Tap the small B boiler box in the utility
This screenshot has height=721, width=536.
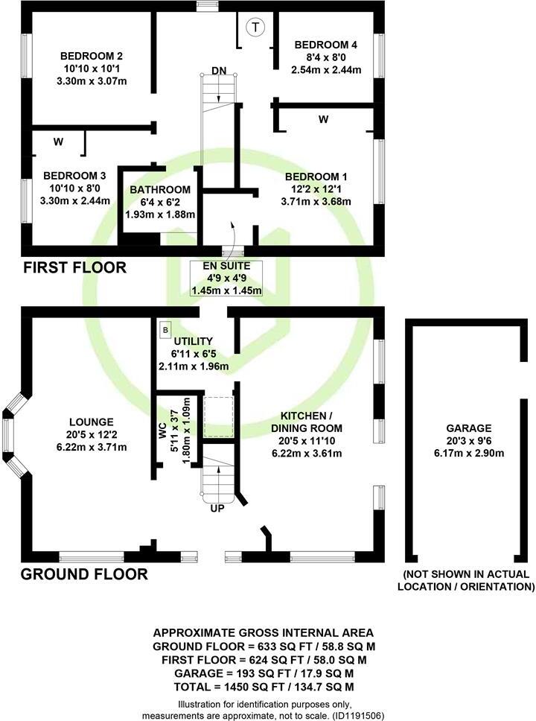(165, 328)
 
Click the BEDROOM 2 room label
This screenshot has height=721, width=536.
(92, 56)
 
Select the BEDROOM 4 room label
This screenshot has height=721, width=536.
(327, 44)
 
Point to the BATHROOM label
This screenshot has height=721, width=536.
(160, 189)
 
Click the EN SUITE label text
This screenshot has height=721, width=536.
(227, 265)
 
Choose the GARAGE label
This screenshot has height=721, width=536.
(469, 428)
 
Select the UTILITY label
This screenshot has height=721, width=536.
(194, 340)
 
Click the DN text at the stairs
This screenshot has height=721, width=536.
(218, 70)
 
